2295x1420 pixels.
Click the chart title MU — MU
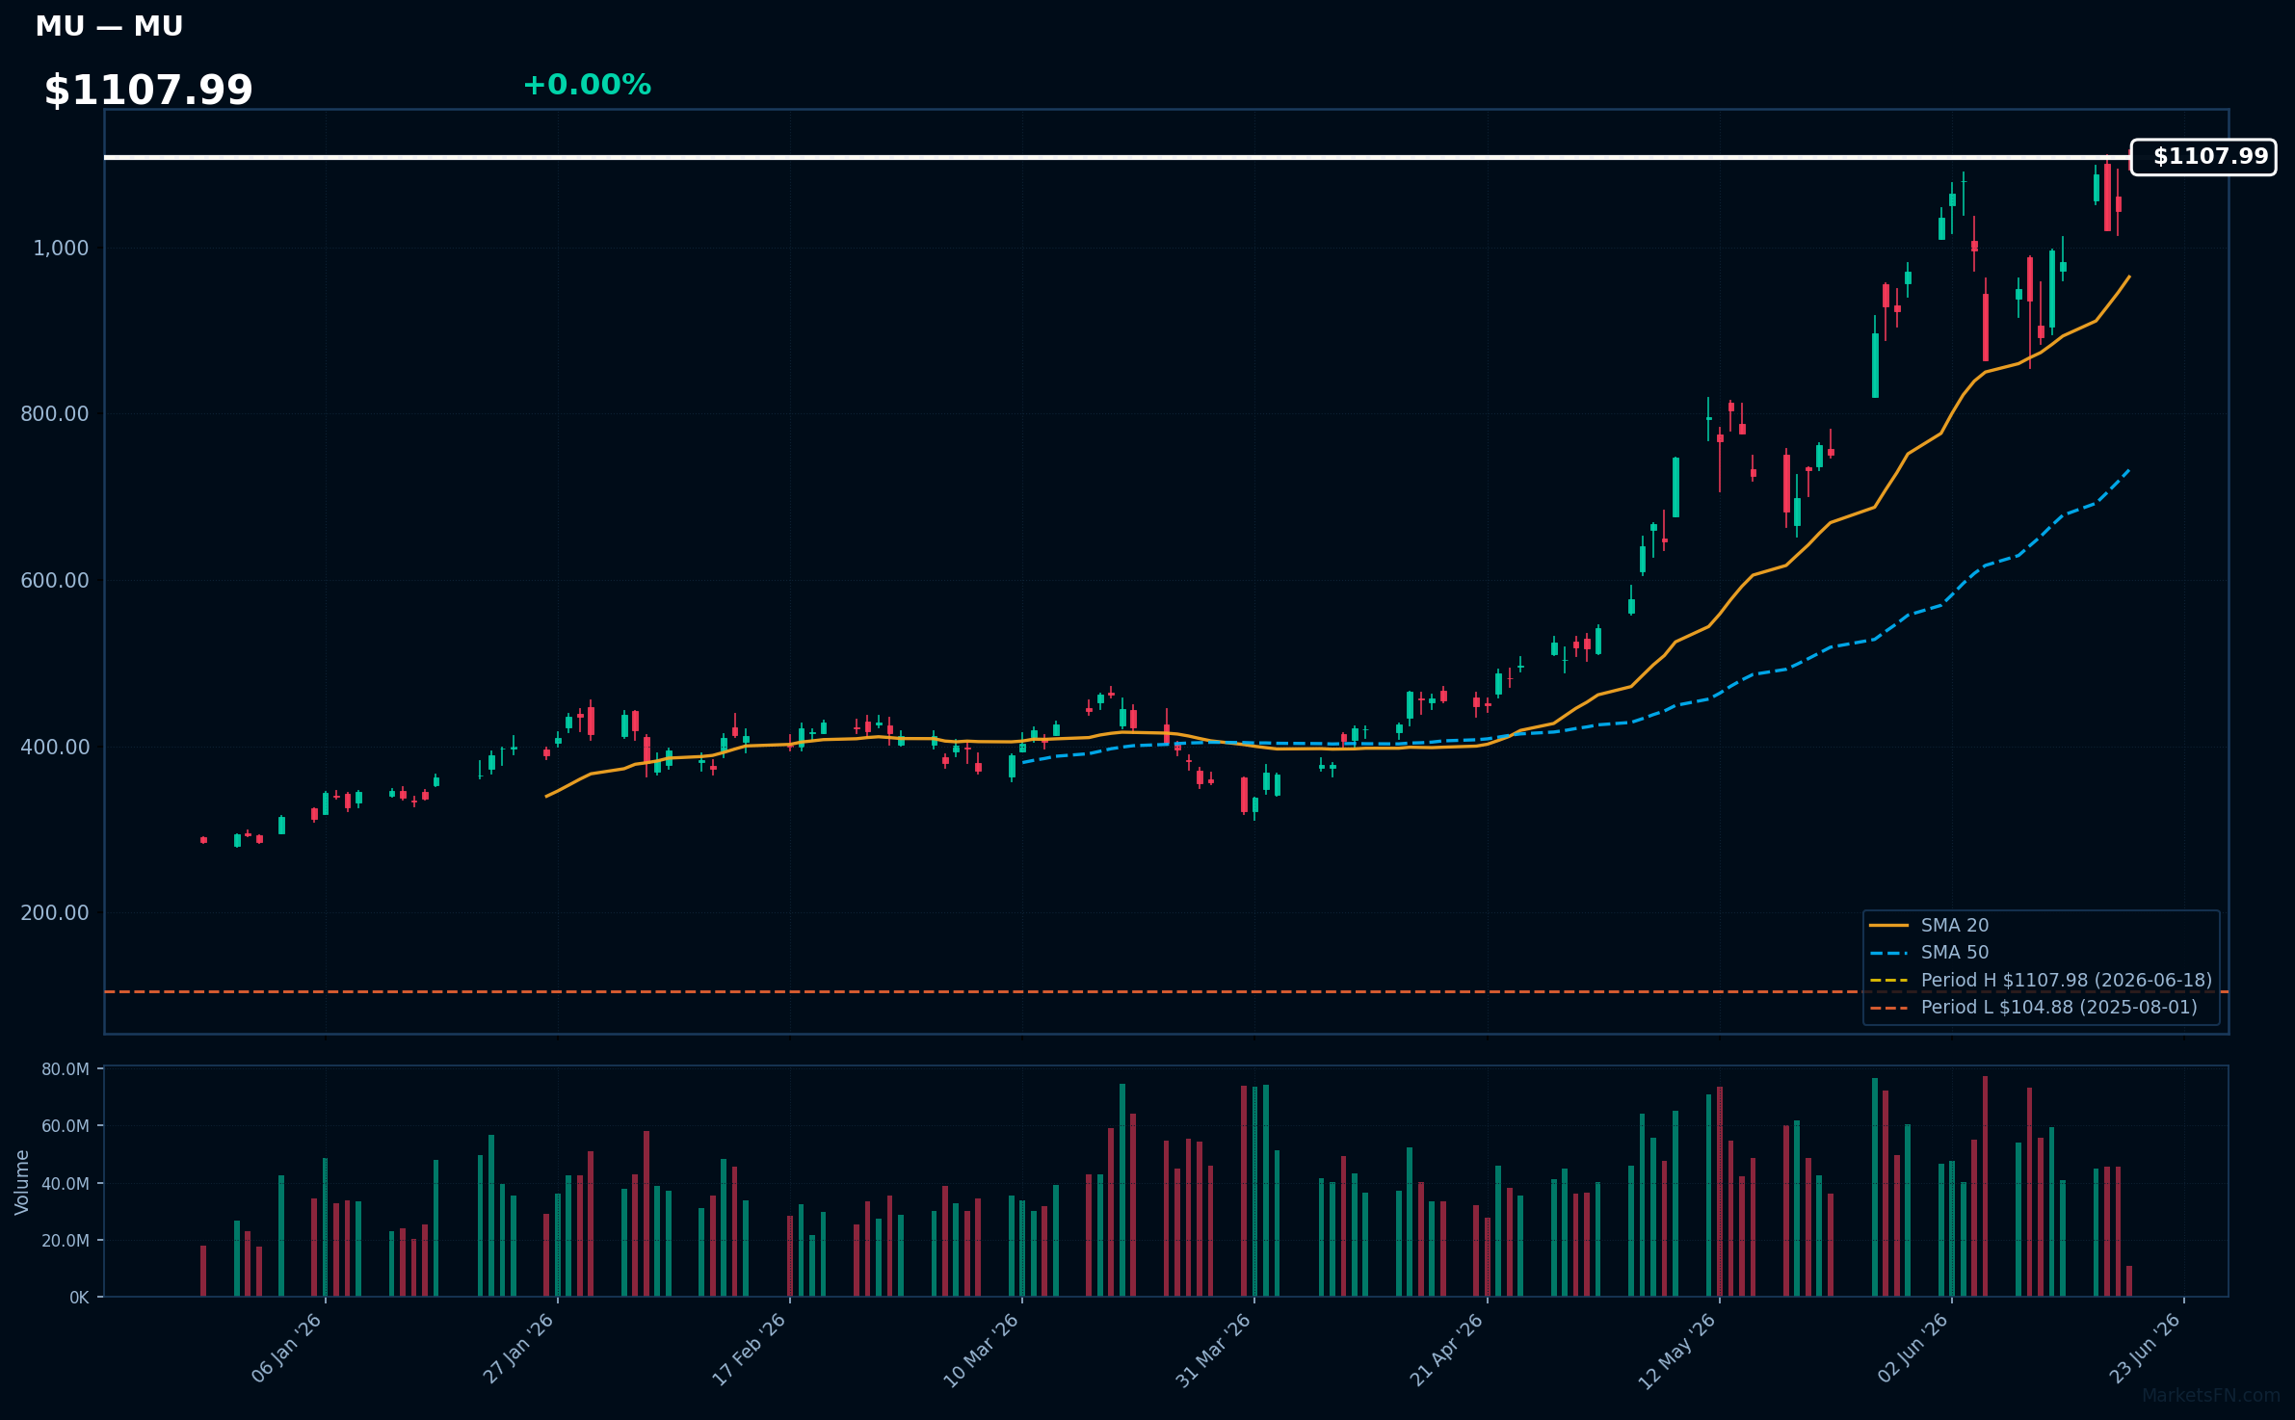pyautogui.click(x=109, y=27)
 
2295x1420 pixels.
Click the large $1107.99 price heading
pyautogui.click(x=148, y=91)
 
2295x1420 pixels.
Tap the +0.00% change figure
pyautogui.click(x=587, y=85)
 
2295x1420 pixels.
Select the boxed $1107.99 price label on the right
pyautogui.click(x=2203, y=157)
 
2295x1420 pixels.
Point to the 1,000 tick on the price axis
pyautogui.click(x=61, y=249)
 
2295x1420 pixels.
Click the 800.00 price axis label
pyautogui.click(x=55, y=414)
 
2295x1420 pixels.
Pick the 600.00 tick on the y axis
pyautogui.click(x=55, y=580)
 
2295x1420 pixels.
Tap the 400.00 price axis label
pyautogui.click(x=55, y=747)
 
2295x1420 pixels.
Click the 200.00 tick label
pyautogui.click(x=55, y=912)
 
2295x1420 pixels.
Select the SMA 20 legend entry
pyautogui.click(x=1929, y=925)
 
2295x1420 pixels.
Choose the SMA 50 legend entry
pyautogui.click(x=1929, y=952)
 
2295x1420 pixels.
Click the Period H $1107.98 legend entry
pyautogui.click(x=2041, y=980)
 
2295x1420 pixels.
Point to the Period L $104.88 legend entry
pyautogui.click(x=2034, y=1007)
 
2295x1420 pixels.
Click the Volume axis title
pyautogui.click(x=22, y=1182)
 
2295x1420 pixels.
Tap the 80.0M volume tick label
pyautogui.click(x=66, y=1069)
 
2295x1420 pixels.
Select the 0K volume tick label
pyautogui.click(x=79, y=1298)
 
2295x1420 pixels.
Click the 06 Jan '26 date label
pyautogui.click(x=286, y=1349)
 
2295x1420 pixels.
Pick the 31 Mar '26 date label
pyautogui.click(x=1213, y=1350)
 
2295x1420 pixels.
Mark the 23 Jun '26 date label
pyautogui.click(x=2145, y=1349)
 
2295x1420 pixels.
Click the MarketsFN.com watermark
pyautogui.click(x=2211, y=1396)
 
